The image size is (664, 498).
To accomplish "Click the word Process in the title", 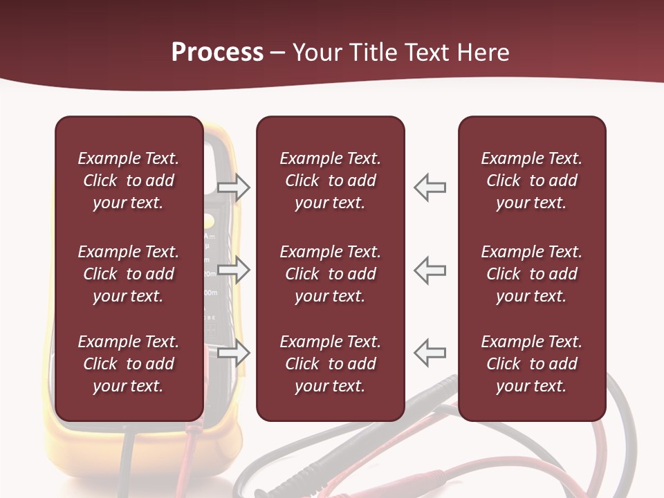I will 217,53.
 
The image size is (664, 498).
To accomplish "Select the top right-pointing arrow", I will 234,187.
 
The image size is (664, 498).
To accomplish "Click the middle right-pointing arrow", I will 234,270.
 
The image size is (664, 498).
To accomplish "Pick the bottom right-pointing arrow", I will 234,353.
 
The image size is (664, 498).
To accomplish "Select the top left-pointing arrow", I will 430,187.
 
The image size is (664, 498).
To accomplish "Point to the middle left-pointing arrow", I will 430,270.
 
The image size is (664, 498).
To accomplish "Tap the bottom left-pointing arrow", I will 430,353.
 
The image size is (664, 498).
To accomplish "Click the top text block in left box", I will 129,181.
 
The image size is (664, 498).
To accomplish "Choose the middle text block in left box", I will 129,274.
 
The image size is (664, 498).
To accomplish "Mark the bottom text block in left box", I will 129,364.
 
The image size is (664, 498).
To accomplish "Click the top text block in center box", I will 331,181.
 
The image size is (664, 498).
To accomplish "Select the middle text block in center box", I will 331,274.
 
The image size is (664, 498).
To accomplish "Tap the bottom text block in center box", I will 331,364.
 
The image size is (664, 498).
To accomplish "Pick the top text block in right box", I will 532,181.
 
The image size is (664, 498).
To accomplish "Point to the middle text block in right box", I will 532,274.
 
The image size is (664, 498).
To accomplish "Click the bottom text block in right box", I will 532,364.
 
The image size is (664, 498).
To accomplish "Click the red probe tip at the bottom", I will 422,479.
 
